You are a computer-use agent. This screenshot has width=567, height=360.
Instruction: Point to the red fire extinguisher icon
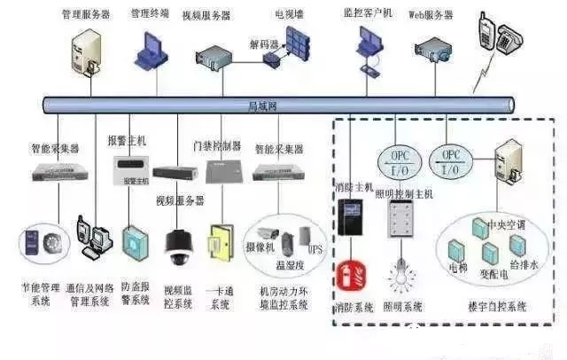click(x=349, y=274)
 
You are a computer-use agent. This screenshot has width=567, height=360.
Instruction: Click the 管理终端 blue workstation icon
click(x=150, y=49)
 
